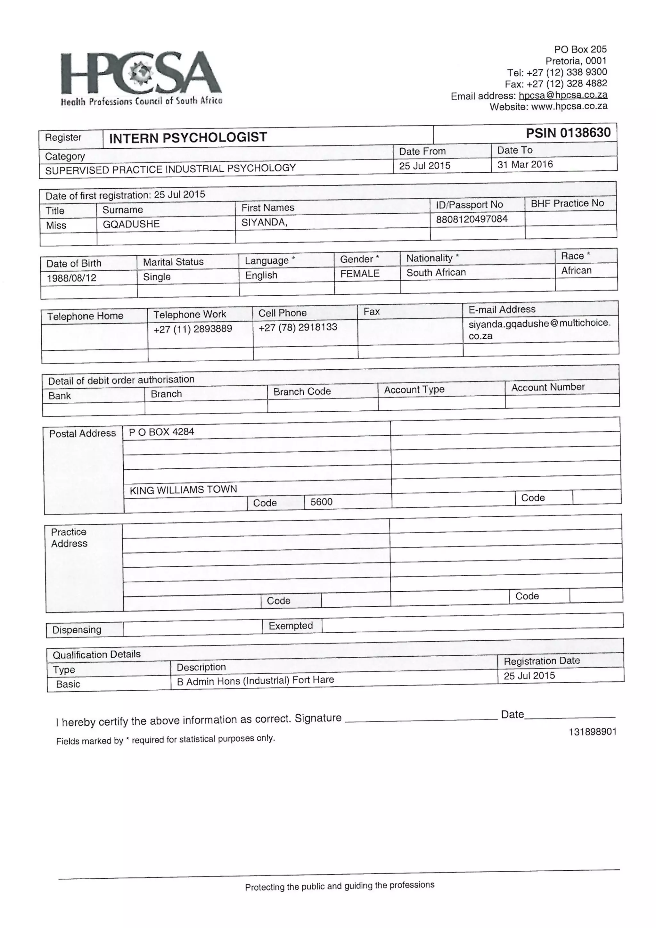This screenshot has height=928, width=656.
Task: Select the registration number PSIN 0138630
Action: click(568, 133)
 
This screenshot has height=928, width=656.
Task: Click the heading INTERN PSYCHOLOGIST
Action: click(188, 138)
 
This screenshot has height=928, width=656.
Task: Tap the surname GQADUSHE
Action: click(131, 224)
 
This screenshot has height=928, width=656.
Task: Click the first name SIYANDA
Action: click(264, 222)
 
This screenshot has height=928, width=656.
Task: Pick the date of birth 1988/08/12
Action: click(71, 278)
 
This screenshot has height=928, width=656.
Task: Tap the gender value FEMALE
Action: click(359, 274)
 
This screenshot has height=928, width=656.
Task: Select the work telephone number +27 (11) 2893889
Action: click(193, 329)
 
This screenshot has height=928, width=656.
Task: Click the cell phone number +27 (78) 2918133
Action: click(298, 327)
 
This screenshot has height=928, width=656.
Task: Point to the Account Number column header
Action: click(547, 387)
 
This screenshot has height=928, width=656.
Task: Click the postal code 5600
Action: click(321, 502)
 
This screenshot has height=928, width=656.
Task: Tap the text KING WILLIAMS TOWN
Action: click(183, 490)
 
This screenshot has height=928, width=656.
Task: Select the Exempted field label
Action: click(291, 626)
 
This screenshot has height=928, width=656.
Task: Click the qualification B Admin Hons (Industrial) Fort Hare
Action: click(255, 681)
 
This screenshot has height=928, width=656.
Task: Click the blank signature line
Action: click(420, 719)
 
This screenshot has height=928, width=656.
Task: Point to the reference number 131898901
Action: click(592, 732)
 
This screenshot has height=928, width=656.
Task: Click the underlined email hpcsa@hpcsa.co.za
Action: click(563, 95)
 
